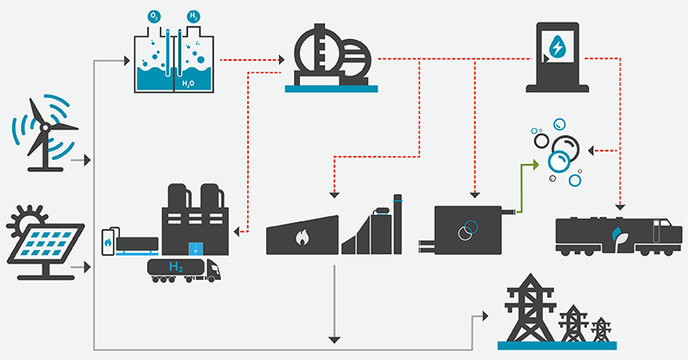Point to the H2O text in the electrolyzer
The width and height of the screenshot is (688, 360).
click(x=188, y=83)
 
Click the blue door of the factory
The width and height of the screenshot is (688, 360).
click(x=196, y=249)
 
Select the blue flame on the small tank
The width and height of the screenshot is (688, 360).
click(x=109, y=244)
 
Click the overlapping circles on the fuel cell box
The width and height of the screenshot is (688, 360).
click(x=466, y=229)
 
